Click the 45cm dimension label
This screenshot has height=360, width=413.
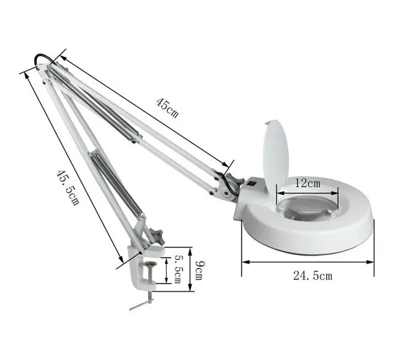[x=167, y=108]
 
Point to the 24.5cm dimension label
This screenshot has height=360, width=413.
[x=312, y=276]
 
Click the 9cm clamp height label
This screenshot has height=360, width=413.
[x=199, y=269]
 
